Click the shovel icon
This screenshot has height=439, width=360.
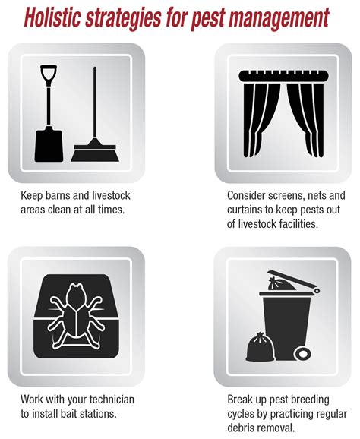pyautogui.click(x=49, y=113)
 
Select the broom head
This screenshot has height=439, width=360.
pyautogui.click(x=95, y=153)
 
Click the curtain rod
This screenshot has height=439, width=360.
pyautogui.click(x=283, y=76)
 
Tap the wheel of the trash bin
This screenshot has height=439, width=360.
pyautogui.click(x=302, y=354)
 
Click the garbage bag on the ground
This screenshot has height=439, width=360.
pyautogui.click(x=260, y=347)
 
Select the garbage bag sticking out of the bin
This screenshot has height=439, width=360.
pyautogui.click(x=281, y=284)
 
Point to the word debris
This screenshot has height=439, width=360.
pyautogui.click(x=241, y=428)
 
